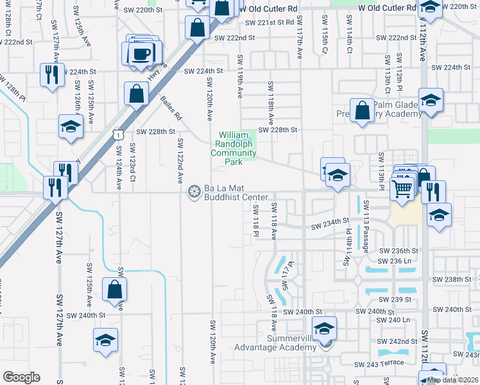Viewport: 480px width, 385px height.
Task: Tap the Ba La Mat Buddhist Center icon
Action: point(193,192)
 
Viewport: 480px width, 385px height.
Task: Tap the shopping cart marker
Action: point(402,189)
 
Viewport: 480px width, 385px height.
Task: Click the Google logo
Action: point(21,377)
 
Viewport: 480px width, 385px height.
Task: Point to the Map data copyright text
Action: point(453,380)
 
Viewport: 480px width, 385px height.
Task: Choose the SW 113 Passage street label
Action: point(366,226)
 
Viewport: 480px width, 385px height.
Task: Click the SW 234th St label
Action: point(333,227)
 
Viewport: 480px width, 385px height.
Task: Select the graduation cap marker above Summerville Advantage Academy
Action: point(325,329)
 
